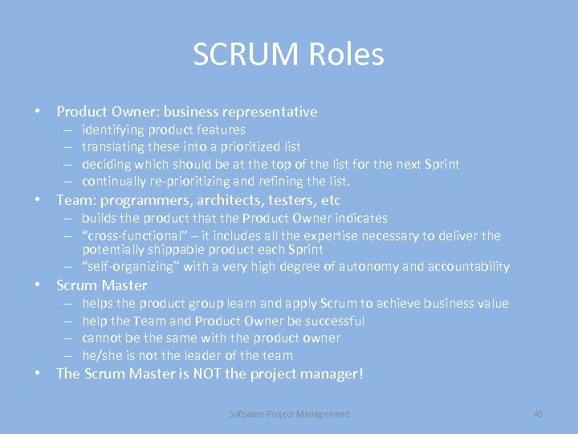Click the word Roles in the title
pyautogui.click(x=347, y=55)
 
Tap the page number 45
pyautogui.click(x=538, y=414)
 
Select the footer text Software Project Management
pyautogui.click(x=289, y=414)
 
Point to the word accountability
pyautogui.click(x=466, y=267)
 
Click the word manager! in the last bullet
pyautogui.click(x=330, y=374)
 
